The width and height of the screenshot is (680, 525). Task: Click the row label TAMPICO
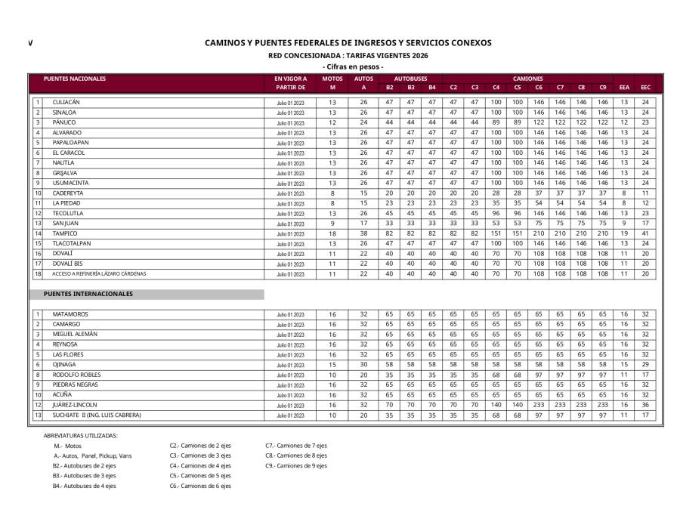point(65,233)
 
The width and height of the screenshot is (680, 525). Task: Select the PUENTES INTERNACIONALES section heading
point(88,294)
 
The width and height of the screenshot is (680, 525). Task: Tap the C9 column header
point(602,88)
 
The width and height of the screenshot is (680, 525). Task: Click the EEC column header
point(645,88)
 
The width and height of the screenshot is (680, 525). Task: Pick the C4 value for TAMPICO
point(496,233)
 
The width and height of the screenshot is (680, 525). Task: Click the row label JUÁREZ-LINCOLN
point(75,405)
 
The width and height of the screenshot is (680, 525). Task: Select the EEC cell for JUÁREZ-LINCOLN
point(645,405)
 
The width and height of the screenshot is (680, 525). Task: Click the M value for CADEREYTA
point(332,193)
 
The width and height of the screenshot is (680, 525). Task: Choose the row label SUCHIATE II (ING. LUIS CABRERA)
point(97,415)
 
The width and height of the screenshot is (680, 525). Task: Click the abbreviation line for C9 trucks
point(295,465)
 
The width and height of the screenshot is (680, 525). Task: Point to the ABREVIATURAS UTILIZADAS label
point(81,435)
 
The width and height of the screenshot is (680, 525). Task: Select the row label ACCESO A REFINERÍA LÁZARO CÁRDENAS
point(99,273)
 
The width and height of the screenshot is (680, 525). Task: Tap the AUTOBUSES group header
point(411,79)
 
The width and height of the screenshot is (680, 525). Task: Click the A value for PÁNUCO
point(363,122)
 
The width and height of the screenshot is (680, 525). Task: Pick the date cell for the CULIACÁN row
point(290,102)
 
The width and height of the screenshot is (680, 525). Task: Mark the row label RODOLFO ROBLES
point(76,374)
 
